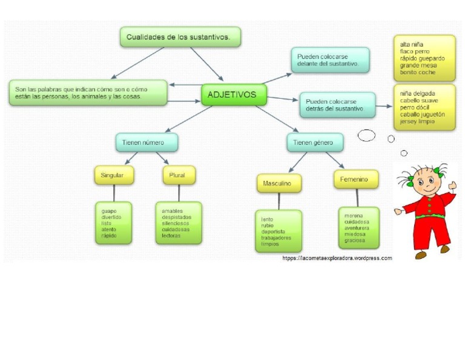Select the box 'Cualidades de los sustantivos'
180,37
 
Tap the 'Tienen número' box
147,142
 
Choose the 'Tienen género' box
314,142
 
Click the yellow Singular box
114,175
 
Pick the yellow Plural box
179,175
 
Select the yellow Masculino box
279,183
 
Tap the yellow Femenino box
356,179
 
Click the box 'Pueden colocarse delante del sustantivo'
329,60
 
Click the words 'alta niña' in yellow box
412,45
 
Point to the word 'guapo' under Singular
109,211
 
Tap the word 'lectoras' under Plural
171,236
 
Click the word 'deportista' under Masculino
272,232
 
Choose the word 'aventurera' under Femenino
357,228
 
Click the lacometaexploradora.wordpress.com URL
337,258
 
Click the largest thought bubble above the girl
366,135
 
